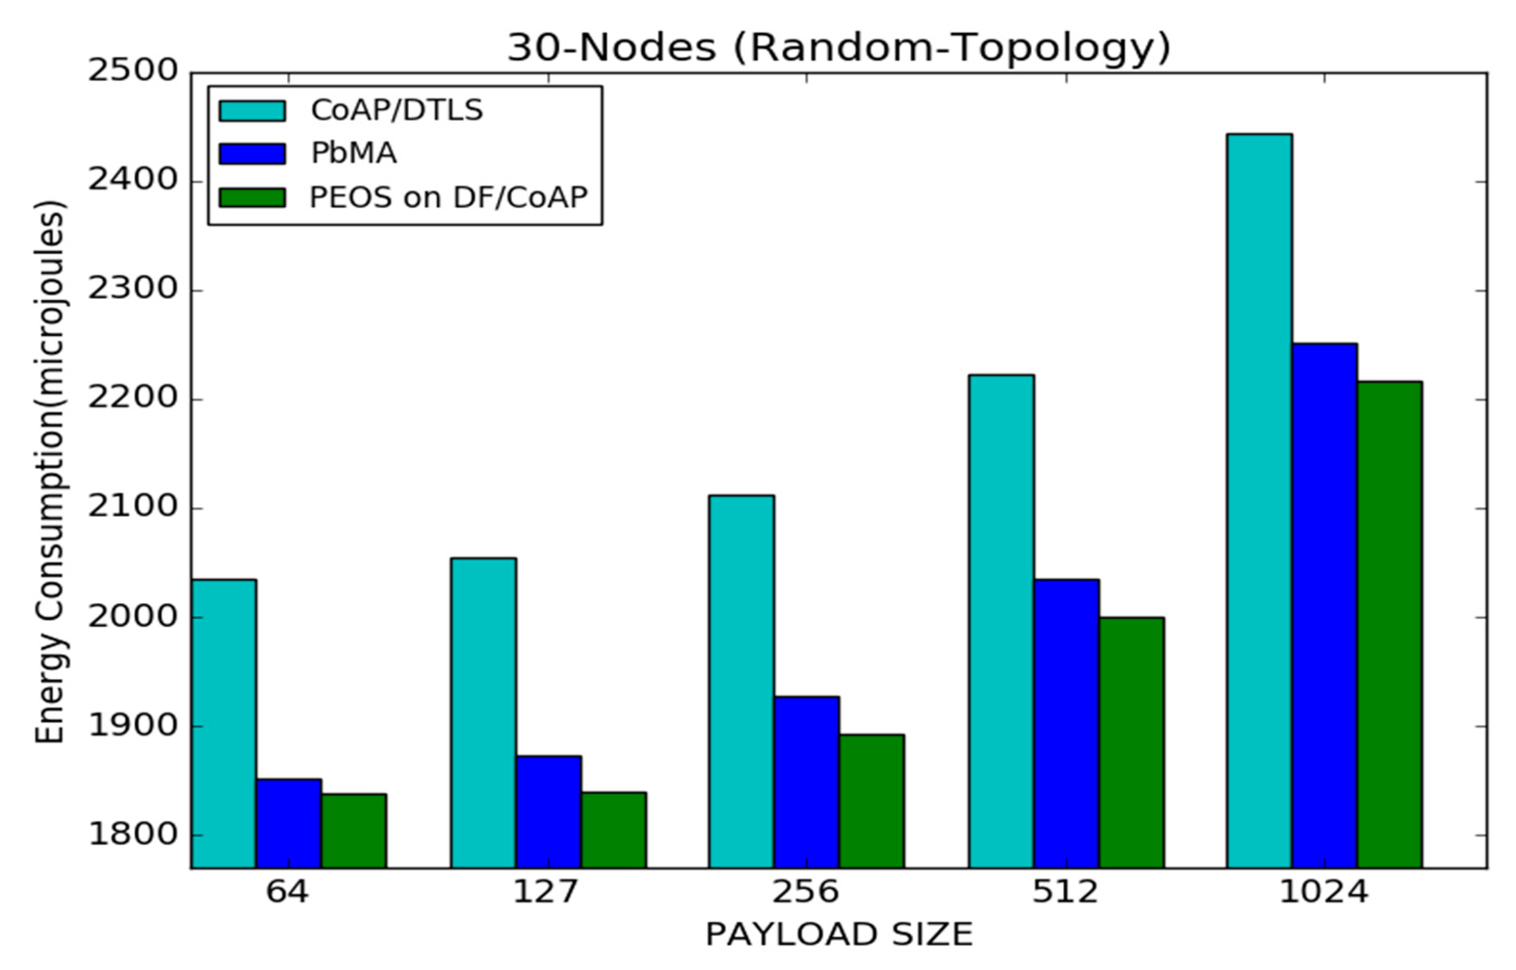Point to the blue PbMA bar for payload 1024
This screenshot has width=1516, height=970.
click(1324, 605)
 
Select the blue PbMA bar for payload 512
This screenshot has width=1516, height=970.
click(1067, 724)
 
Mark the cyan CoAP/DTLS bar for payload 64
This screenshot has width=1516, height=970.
click(224, 724)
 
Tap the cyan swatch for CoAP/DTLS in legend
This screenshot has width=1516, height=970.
click(252, 111)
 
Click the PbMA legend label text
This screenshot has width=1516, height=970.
click(353, 154)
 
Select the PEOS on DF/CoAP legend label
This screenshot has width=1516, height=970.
click(448, 197)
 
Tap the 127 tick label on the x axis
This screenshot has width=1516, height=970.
click(545, 892)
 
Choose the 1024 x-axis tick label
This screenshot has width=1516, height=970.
click(1324, 892)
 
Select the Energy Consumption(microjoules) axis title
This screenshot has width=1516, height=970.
click(50, 473)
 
